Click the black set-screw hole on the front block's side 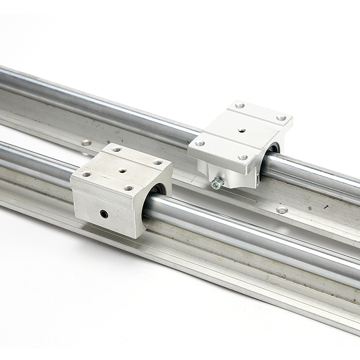point(104,214)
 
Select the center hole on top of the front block point(122,171)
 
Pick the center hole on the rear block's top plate point(242,130)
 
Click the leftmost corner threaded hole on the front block point(86,174)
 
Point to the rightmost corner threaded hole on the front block point(157,162)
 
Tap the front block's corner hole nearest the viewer point(129,188)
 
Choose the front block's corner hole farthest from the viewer point(117,149)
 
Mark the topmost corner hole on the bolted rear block point(239,106)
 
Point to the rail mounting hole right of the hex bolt point(282,210)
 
